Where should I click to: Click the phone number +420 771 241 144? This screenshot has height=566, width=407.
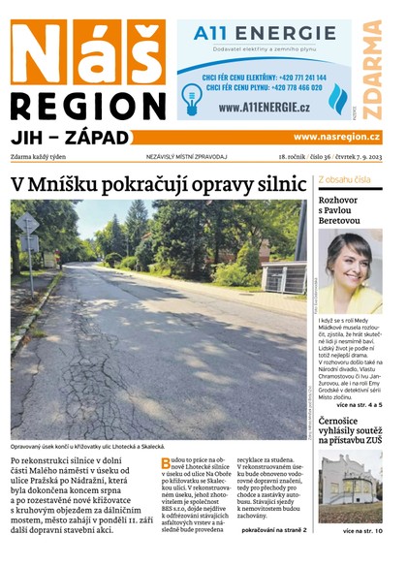(x=291, y=76)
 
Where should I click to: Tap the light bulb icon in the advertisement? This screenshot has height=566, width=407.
(x=191, y=94)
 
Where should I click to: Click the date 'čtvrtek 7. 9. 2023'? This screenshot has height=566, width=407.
(x=358, y=156)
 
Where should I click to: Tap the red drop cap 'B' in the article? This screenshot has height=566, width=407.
(x=166, y=463)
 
